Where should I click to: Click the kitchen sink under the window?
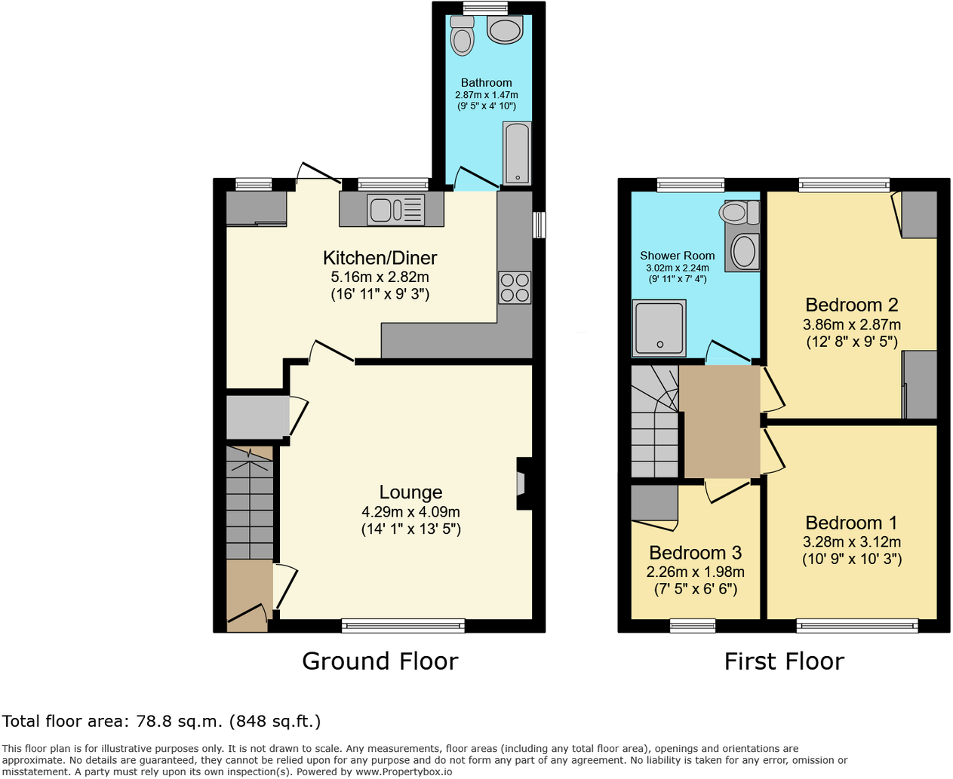pyautogui.click(x=396, y=210)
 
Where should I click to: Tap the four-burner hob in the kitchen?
pyautogui.click(x=515, y=287)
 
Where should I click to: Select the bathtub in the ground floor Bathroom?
pyautogui.click(x=517, y=153)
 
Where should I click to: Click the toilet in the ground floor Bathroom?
pyautogui.click(x=462, y=35)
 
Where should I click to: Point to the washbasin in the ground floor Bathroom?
pyautogui.click(x=505, y=30)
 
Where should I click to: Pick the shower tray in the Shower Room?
pyautogui.click(x=659, y=328)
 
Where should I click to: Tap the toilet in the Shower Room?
pyautogui.click(x=739, y=212)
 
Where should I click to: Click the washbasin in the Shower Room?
pyautogui.click(x=743, y=251)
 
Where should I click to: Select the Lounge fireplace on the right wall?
pyautogui.click(x=524, y=483)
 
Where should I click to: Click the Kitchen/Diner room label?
pyautogui.click(x=380, y=258)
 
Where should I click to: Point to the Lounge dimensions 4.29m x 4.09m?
pyautogui.click(x=410, y=511)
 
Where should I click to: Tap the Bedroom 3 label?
pyautogui.click(x=696, y=553)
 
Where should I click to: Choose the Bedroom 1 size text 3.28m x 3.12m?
pyautogui.click(x=852, y=541)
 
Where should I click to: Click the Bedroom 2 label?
pyautogui.click(x=852, y=305)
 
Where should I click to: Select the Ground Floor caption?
pyautogui.click(x=380, y=661)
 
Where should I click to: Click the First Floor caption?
pyautogui.click(x=784, y=661)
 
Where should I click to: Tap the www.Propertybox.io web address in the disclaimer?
pyautogui.click(x=404, y=771)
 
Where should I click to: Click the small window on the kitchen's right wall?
pyautogui.click(x=539, y=225)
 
